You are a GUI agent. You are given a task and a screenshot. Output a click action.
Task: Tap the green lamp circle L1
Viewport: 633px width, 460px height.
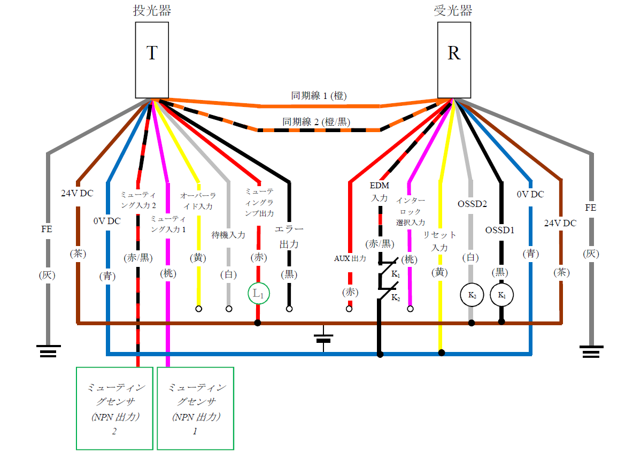258,293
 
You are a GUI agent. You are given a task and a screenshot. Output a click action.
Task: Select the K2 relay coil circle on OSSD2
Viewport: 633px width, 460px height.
471,295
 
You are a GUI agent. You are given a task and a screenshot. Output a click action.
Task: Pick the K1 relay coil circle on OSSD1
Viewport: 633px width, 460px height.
501,295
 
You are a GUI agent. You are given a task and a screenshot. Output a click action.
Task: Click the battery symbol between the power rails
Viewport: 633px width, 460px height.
323,338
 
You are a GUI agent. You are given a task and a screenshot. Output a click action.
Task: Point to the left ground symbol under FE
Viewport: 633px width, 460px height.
48,351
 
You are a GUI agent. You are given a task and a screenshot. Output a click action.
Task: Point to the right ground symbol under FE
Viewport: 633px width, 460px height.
591,351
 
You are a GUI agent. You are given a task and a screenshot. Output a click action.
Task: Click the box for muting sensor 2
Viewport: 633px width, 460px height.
114,408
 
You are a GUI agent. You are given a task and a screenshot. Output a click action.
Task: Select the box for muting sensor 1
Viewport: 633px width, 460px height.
195,408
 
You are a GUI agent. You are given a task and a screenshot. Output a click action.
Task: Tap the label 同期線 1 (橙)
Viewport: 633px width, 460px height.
319,96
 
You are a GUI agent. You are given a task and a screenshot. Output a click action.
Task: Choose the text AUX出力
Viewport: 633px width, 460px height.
350,258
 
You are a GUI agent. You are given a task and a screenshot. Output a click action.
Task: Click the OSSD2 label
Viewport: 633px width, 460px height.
472,204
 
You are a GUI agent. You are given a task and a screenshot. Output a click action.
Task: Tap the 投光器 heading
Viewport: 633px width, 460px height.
152,11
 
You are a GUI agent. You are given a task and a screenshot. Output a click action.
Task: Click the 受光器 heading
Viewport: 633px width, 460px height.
453,11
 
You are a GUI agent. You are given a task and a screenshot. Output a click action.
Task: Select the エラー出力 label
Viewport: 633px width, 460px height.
289,236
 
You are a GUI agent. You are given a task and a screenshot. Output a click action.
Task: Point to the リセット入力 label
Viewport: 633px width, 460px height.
440,241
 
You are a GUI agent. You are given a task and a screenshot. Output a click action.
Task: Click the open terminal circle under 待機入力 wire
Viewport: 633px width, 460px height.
229,309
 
